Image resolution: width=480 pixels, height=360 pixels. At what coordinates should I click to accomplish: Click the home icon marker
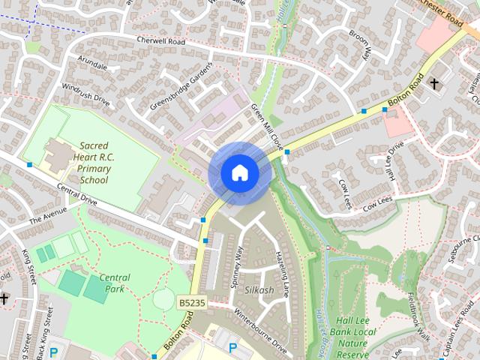(240, 173)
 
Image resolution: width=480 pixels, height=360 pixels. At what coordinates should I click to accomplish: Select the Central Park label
(114, 283)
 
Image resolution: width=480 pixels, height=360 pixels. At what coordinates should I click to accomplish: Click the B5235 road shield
(192, 301)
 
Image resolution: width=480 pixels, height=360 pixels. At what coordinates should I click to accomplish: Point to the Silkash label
(259, 289)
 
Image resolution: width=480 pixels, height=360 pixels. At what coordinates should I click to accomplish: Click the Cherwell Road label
(160, 40)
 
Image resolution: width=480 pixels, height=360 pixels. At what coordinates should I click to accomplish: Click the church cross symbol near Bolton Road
(434, 85)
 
